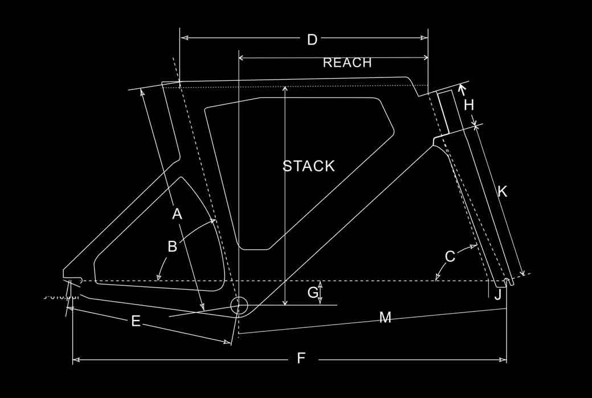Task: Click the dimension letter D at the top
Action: point(312,40)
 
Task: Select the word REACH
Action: point(347,63)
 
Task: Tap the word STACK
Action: point(309,166)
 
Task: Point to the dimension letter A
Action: point(177,214)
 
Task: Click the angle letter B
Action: point(172,247)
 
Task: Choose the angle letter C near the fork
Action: point(450,257)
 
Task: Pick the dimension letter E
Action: point(136,321)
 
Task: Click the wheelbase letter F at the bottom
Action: point(301,358)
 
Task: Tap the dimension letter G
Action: point(313,293)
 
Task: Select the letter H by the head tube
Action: point(469,105)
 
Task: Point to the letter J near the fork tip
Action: point(498,295)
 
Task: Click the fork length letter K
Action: point(502,192)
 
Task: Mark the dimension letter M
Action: point(385,318)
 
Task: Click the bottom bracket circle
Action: point(239,306)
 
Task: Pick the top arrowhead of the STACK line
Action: point(284,89)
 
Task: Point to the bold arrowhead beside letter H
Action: point(462,88)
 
